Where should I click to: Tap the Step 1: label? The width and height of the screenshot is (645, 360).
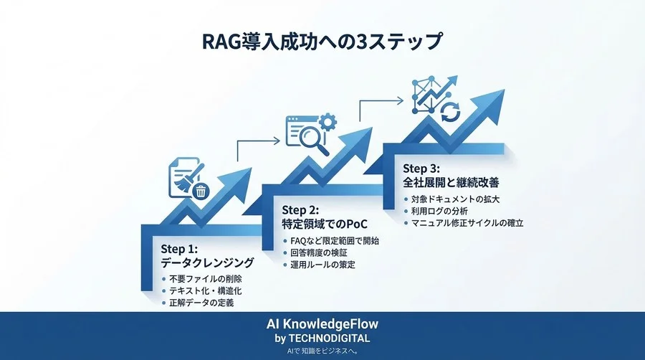coord(179,250)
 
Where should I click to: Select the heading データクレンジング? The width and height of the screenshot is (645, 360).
coord(208,263)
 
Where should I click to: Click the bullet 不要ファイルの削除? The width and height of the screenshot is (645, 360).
coord(205,279)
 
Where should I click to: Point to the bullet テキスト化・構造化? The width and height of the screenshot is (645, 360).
coord(206,291)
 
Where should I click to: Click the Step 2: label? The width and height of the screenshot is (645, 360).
coord(301,210)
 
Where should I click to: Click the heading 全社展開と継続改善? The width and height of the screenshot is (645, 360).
coord(449,183)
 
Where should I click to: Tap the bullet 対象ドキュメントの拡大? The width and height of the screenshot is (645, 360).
coord(456,199)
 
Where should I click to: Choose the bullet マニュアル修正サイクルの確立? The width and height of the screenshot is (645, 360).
coord(467,223)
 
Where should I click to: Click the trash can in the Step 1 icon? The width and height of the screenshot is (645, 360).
coord(201,191)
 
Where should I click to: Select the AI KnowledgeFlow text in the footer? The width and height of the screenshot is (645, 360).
coord(322,324)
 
